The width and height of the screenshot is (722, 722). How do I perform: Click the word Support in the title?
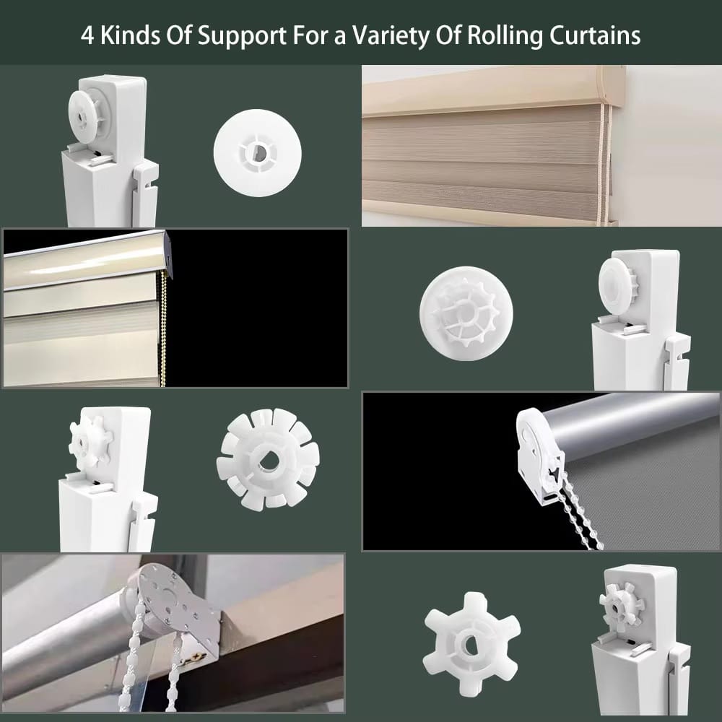tap(242, 36)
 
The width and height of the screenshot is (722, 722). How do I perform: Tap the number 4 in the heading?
tap(87, 35)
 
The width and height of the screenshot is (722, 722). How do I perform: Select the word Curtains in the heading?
tap(595, 35)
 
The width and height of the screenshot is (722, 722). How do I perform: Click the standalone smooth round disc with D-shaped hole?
tap(258, 153)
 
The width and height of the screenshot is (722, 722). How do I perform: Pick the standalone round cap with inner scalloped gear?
tap(466, 313)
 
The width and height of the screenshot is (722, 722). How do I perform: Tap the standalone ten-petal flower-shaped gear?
tap(268, 458)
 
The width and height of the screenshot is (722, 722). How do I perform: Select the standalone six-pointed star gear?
tap(471, 644)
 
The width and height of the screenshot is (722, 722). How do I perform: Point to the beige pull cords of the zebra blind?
tap(606, 163)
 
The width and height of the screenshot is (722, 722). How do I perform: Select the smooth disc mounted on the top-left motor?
tap(87, 113)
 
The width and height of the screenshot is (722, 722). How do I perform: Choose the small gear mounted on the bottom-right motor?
tap(621, 608)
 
